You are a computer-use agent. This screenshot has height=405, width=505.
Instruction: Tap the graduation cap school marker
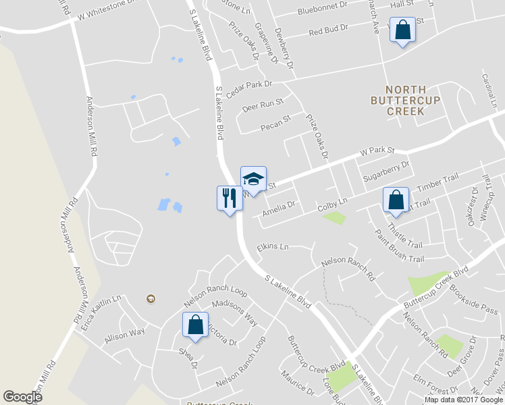coord(253,178)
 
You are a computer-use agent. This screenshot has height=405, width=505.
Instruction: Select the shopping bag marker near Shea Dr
coord(195,325)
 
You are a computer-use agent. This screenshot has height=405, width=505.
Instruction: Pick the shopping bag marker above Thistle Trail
coord(396,200)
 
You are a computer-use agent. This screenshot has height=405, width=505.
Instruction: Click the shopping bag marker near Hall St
coord(402,31)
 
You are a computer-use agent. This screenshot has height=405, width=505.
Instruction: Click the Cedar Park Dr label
coord(248,88)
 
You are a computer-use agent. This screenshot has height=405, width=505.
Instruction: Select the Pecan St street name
coord(275,122)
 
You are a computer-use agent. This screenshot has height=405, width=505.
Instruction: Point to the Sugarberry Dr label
coord(386,169)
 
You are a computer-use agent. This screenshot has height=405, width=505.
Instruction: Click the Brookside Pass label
coord(473,300)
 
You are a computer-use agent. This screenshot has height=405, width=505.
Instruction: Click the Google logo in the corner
coord(22,397)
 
